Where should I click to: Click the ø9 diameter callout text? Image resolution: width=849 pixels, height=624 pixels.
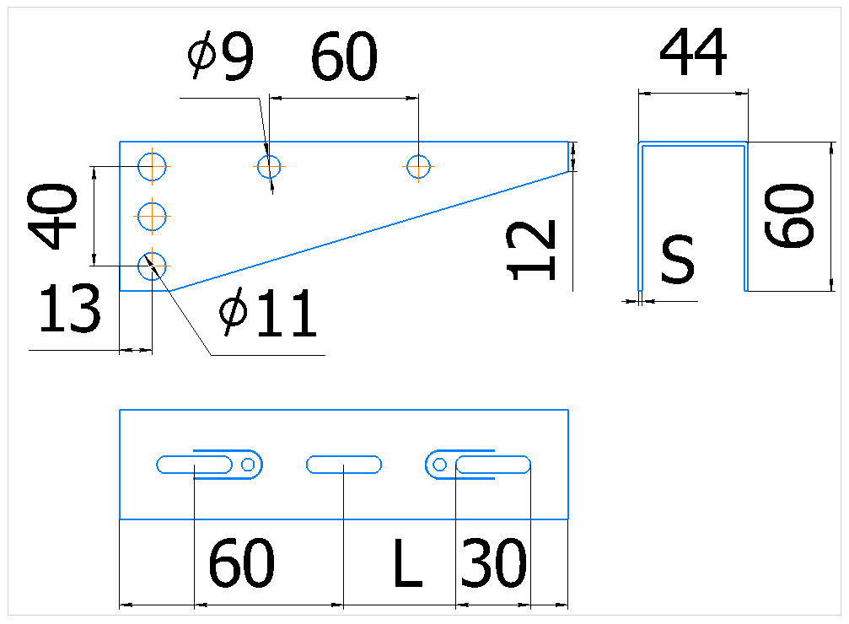(221, 56)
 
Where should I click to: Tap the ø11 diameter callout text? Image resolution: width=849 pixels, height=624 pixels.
(268, 312)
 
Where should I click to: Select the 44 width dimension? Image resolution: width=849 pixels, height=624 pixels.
(693, 52)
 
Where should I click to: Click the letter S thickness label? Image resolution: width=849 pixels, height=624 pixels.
(677, 259)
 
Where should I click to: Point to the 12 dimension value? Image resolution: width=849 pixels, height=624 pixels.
(531, 250)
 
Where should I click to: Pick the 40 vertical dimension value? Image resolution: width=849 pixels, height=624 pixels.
(52, 216)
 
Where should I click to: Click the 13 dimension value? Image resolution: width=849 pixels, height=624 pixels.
(69, 309)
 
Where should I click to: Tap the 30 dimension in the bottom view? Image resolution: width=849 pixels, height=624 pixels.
(493, 563)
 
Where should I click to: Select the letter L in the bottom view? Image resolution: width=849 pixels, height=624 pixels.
(407, 563)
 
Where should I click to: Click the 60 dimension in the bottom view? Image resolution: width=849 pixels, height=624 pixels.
(241, 563)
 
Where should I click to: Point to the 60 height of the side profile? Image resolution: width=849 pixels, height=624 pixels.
(789, 216)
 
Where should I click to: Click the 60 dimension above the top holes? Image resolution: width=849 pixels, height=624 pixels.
(344, 56)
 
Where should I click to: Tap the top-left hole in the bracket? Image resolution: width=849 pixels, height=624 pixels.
(152, 166)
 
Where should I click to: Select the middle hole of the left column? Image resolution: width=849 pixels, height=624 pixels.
(152, 216)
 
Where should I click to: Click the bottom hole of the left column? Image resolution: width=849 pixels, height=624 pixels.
(152, 266)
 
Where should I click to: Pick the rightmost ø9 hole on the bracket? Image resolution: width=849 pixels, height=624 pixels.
(418, 166)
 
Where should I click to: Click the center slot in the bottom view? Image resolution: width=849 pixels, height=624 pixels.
(344, 465)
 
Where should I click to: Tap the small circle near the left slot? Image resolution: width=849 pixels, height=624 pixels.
(248, 465)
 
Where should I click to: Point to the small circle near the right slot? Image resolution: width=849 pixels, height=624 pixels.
(439, 465)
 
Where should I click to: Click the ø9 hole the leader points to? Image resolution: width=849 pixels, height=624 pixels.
(269, 166)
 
